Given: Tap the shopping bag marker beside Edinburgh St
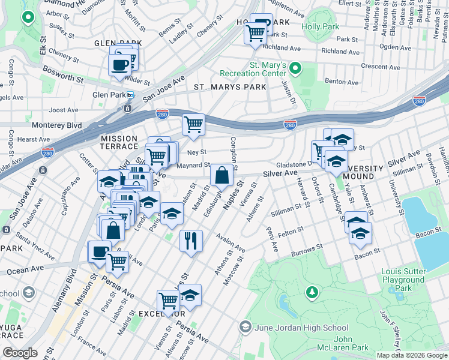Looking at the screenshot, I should click(221, 176).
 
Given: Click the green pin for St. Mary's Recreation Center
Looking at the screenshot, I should click(294, 67).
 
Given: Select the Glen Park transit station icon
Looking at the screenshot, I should click(130, 95).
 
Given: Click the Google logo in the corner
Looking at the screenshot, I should click(20, 353).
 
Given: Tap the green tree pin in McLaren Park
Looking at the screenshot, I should click(312, 292).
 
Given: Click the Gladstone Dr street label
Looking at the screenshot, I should click(294, 164).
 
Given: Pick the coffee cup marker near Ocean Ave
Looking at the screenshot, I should click(99, 253).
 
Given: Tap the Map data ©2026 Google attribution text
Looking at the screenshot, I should click(411, 355).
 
